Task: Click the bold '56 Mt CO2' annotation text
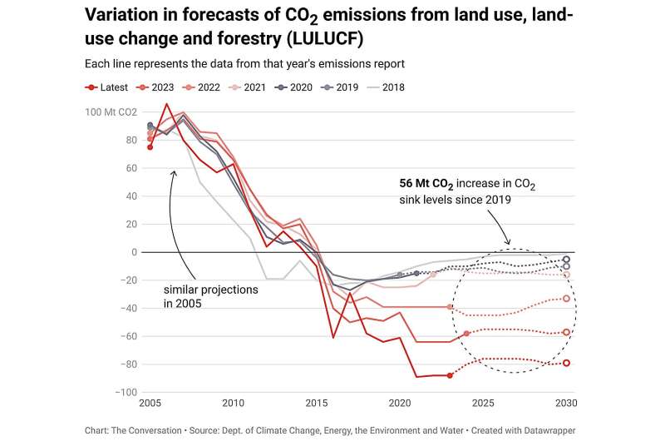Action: coord(431,185)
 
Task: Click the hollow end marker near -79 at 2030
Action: coord(566,363)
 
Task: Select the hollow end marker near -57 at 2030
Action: coord(566,332)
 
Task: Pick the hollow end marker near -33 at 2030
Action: coord(566,299)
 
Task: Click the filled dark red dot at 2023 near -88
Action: coord(450,375)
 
